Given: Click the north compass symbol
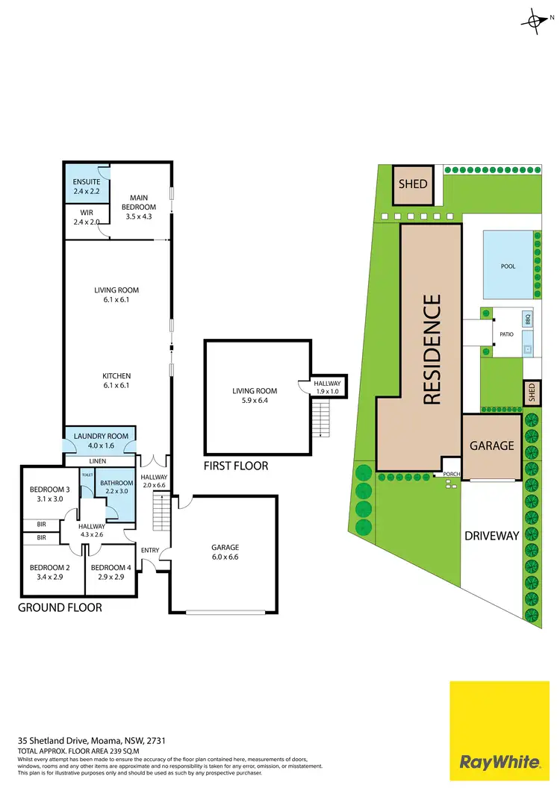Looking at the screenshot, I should coord(535,22).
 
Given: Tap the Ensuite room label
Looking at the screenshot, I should coord(85,187).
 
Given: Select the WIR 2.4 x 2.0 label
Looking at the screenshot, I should coord(85,217).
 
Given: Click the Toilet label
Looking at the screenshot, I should coord(87,475).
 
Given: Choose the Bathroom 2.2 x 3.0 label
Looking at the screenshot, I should coord(116,487).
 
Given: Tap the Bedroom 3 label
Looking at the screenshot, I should coord(46,495).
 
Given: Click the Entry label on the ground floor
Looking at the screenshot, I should coord(150,551).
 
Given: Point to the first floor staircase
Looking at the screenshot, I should coord(320,419).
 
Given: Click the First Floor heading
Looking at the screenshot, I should coord(236,466).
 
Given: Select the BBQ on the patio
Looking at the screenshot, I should coord(527,319).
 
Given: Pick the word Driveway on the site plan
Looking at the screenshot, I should coord(491,536).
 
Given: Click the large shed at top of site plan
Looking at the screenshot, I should coord(413,184).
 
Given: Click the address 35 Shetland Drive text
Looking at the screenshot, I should coord(92,741).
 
